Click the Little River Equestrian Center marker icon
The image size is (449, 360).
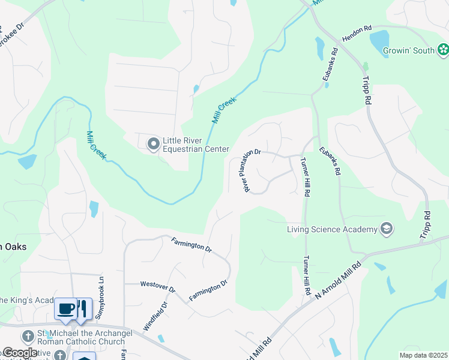click(x=153, y=143)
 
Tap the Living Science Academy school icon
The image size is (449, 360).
click(x=387, y=229)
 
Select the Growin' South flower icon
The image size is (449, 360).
click(x=442, y=50)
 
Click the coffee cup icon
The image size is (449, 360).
click(x=65, y=308)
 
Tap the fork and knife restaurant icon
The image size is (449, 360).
click(x=83, y=308)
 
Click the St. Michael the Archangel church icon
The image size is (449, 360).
click(x=28, y=336)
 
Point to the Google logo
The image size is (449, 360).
click(x=19, y=353)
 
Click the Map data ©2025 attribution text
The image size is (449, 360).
click(x=423, y=355)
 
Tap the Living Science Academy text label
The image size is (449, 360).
click(x=331, y=229)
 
